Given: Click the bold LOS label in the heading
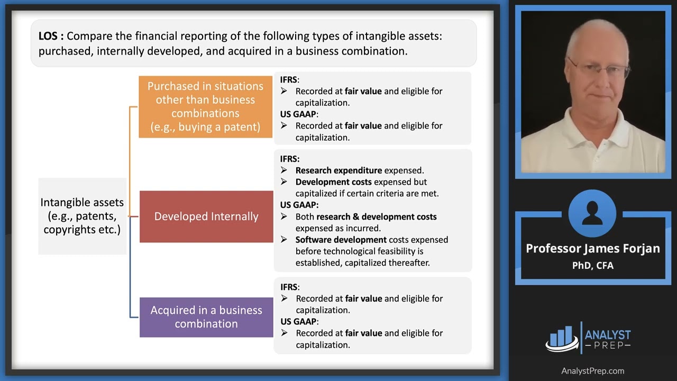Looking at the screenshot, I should [51, 37].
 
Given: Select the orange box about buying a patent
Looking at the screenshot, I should [205, 107].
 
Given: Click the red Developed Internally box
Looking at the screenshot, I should [206, 216].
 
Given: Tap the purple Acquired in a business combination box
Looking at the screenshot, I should [206, 317].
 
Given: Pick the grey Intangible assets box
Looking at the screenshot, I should [82, 216].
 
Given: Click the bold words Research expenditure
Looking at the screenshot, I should [338, 170].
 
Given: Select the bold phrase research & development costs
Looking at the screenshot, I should [376, 216].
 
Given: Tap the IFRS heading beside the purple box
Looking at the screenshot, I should [289, 287].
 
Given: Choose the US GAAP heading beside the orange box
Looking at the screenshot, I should [299, 114].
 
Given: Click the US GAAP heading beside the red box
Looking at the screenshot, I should [299, 205].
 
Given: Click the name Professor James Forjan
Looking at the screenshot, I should [592, 249].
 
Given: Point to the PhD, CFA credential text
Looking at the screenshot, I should [592, 266].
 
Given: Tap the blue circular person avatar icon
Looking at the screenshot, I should [592, 214].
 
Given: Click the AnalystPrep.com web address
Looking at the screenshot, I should [592, 371].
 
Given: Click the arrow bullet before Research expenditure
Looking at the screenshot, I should [284, 170].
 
